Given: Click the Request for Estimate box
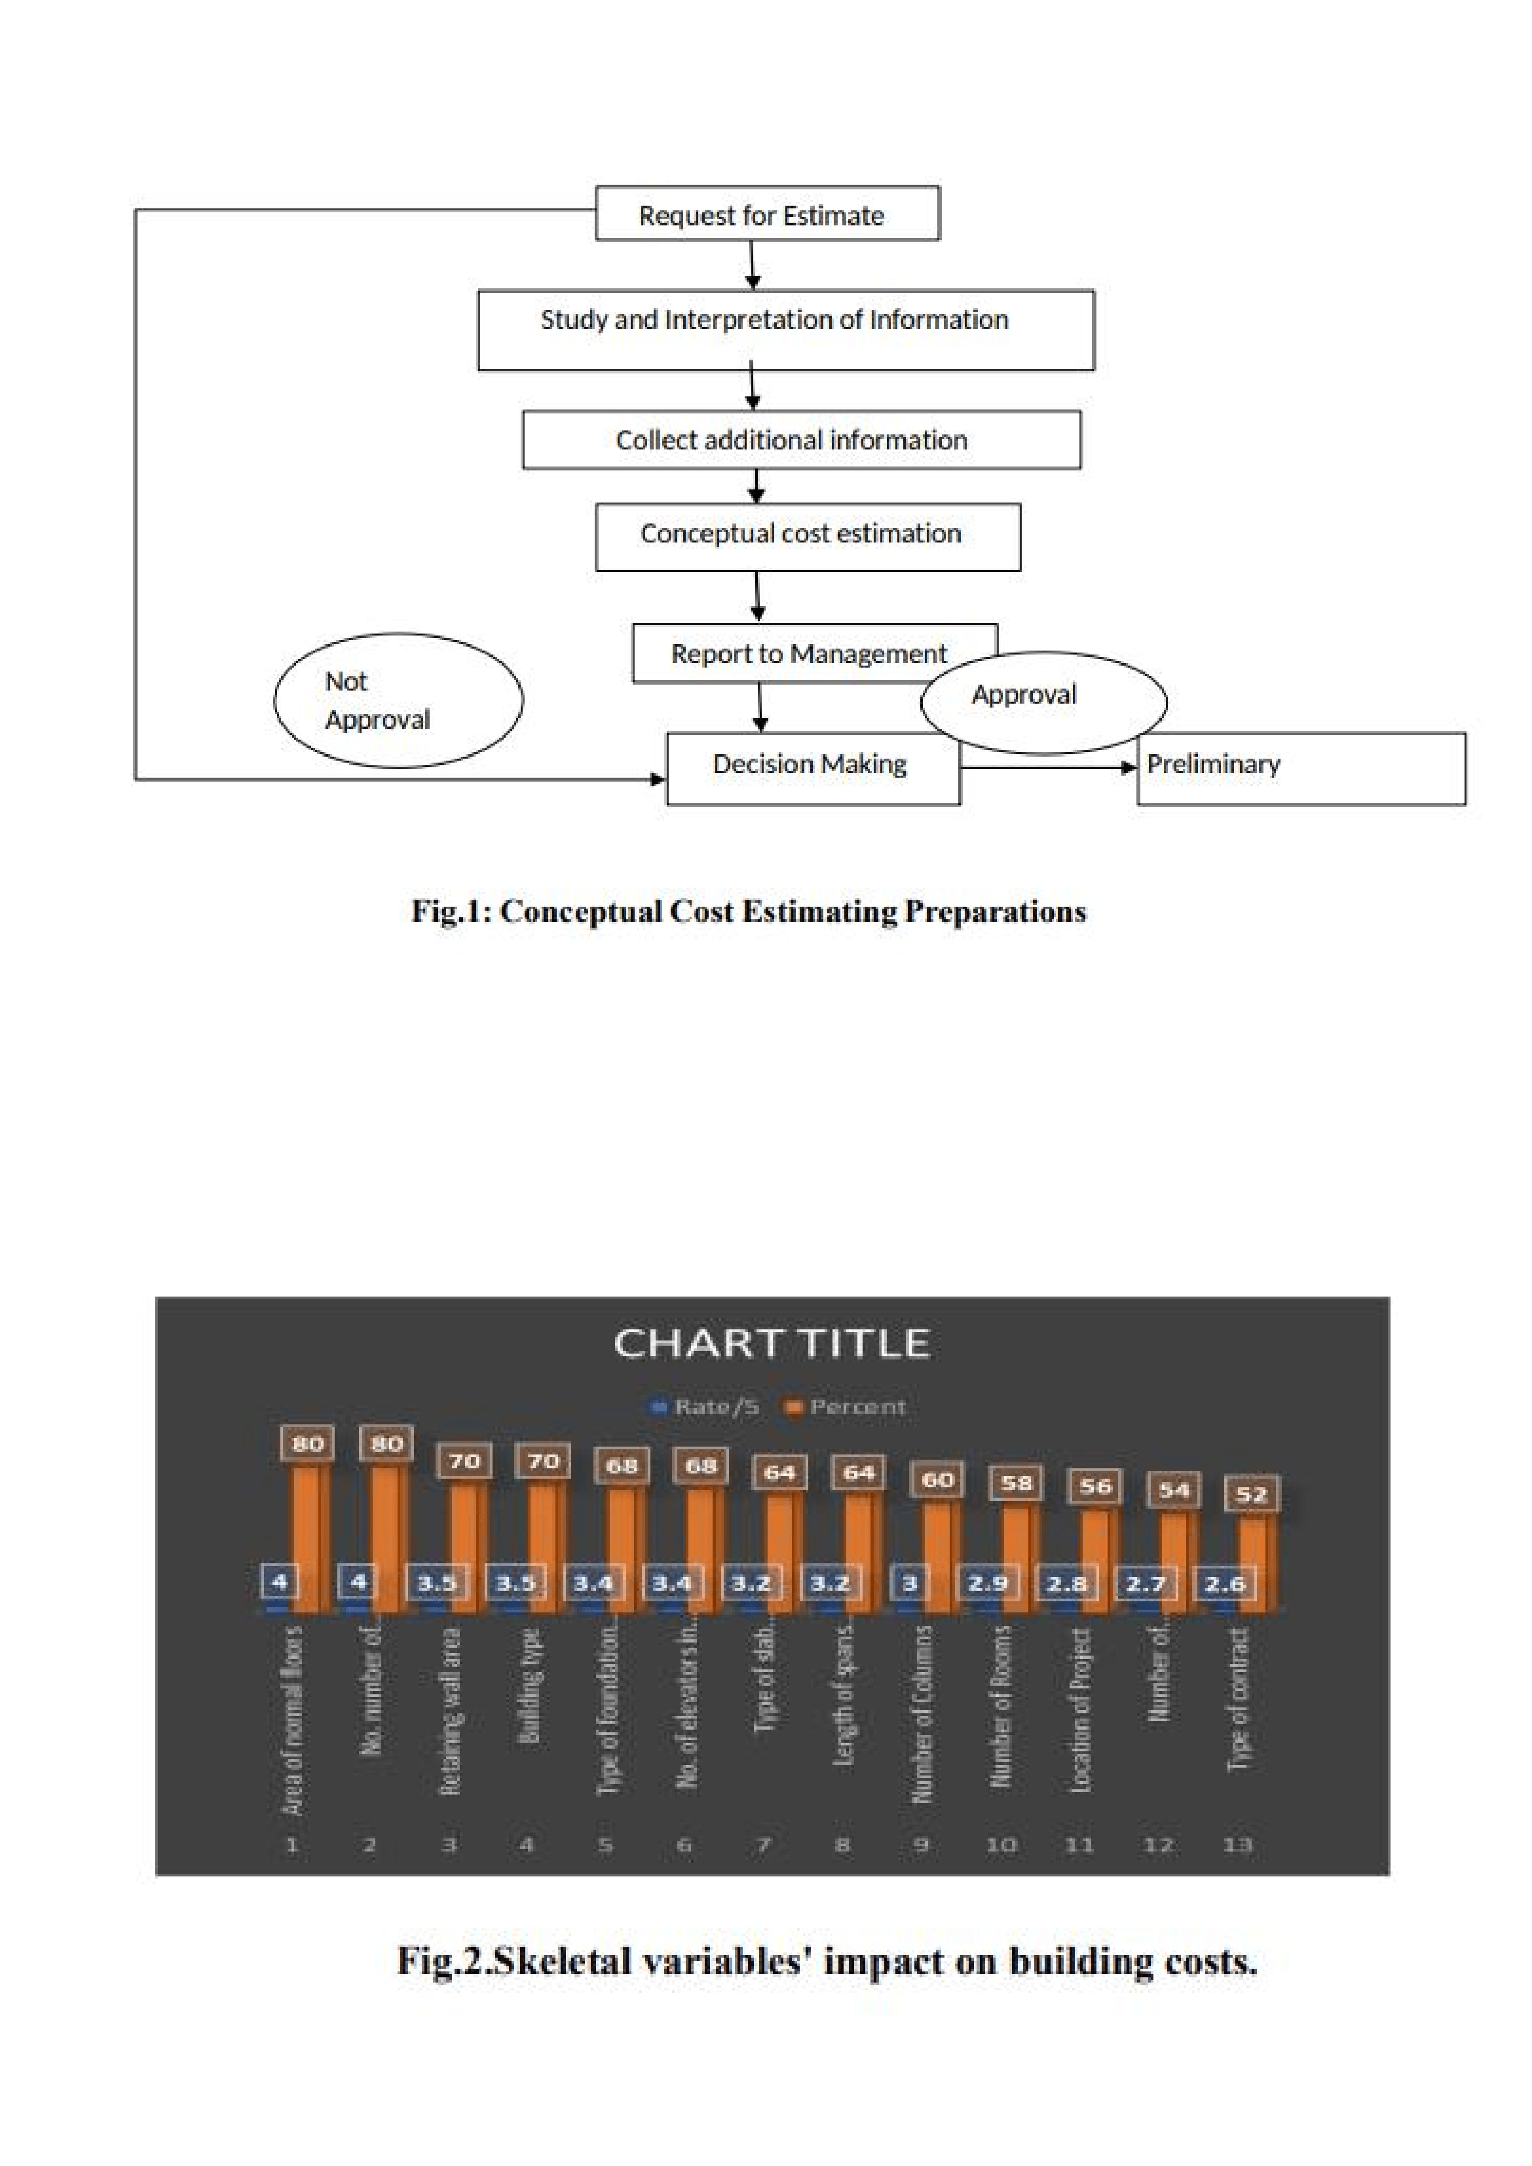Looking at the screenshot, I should [x=766, y=214].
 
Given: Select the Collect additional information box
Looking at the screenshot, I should [x=801, y=440].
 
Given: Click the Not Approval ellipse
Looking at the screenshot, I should [x=398, y=700].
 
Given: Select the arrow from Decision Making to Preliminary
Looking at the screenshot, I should [x=1047, y=768].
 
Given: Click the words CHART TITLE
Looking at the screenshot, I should [x=772, y=1342].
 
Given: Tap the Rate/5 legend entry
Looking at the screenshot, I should [x=707, y=1407].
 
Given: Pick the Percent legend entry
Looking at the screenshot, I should [x=846, y=1407].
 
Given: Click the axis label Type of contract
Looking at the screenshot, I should [x=1238, y=1699].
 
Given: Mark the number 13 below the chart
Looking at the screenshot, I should [x=1237, y=1845].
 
